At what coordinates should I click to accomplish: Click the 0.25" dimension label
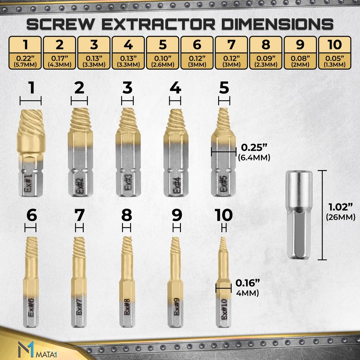[251, 147]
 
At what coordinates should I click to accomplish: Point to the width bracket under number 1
[31, 101]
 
